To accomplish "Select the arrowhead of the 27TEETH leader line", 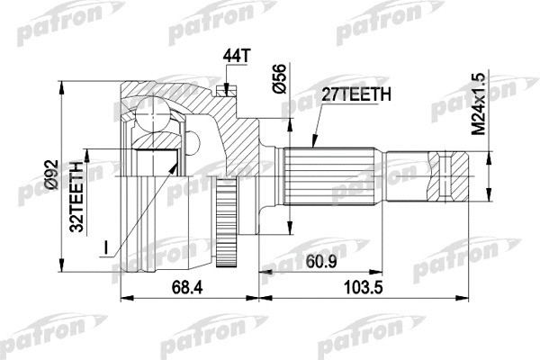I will tap(312, 144).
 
